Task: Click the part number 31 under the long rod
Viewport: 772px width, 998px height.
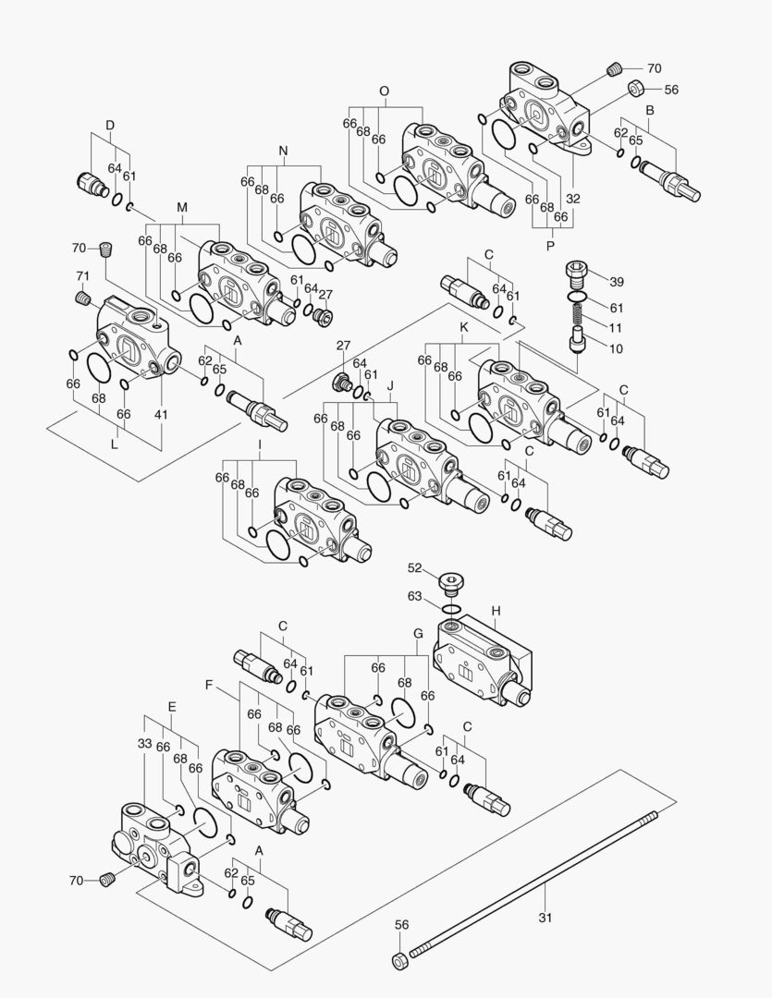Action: click(x=545, y=919)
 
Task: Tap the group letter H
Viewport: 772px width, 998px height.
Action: click(x=496, y=612)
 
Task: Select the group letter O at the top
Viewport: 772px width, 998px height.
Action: click(x=384, y=91)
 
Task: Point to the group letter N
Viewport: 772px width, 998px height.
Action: click(x=283, y=150)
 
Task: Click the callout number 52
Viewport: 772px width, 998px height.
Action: click(x=414, y=568)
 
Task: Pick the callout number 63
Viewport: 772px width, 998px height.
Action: click(x=414, y=596)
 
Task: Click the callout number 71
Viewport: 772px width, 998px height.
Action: click(x=82, y=276)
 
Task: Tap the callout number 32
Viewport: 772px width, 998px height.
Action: click(x=573, y=199)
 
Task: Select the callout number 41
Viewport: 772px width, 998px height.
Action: click(x=161, y=414)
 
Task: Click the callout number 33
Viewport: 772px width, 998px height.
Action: click(x=145, y=742)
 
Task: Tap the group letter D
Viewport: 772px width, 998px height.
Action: click(x=109, y=125)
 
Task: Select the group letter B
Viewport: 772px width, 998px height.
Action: click(x=650, y=110)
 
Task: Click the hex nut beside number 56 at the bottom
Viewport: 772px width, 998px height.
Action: click(x=398, y=961)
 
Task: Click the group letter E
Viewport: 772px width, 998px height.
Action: click(x=172, y=705)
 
